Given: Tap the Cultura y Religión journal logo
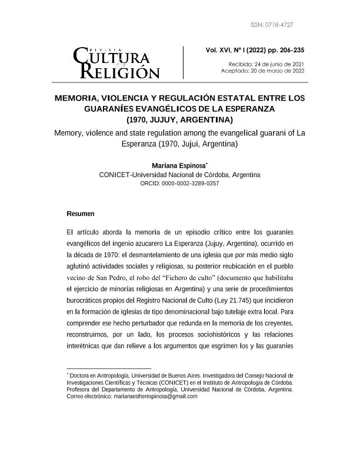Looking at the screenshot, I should tap(116, 62).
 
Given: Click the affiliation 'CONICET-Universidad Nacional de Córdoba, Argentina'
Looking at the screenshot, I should tap(179, 175).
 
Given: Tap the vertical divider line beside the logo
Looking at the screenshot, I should tap(184, 62).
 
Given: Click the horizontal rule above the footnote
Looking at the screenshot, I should tap(100, 368).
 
